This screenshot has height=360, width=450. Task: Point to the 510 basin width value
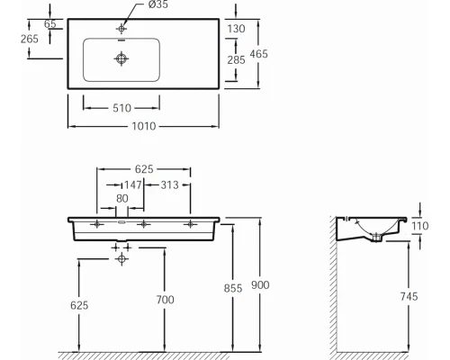coord(122,109)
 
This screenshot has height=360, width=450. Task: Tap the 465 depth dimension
coord(258,54)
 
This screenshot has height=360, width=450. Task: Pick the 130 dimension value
coord(238,28)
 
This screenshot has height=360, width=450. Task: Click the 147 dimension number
coord(131,184)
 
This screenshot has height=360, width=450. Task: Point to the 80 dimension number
coord(122,200)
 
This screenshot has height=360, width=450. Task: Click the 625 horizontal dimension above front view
coord(143,168)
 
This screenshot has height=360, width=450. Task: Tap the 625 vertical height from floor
coord(80,305)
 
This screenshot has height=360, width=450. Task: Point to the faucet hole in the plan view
coord(121,29)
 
